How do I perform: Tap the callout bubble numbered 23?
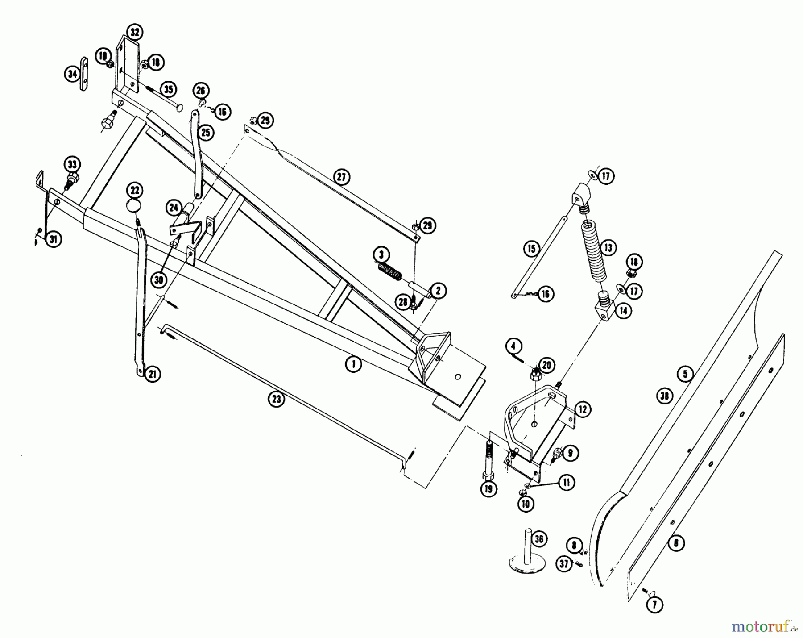[x=276, y=399]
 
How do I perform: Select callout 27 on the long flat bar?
[x=341, y=177]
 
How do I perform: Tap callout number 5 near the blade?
[x=685, y=373]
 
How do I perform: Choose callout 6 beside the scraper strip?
[x=676, y=543]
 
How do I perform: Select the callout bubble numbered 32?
[x=134, y=32]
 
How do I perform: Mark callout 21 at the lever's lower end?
[x=153, y=374]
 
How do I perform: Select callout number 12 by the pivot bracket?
[x=583, y=409]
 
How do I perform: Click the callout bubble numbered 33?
[x=72, y=164]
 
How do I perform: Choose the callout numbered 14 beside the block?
[x=623, y=311]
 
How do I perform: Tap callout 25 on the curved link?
[x=206, y=133]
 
